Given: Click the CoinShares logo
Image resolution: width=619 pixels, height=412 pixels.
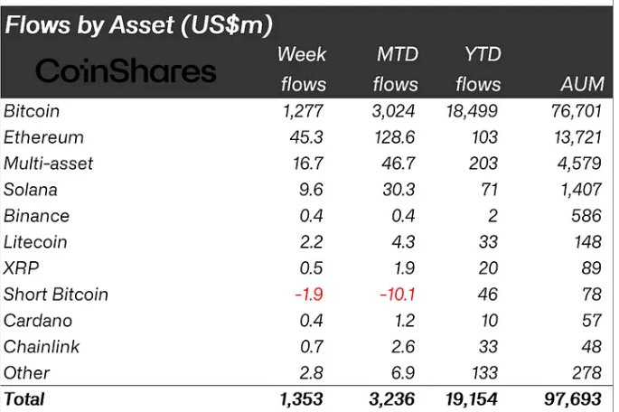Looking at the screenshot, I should [126, 71].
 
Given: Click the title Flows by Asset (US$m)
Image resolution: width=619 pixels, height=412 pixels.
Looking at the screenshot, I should [139, 24].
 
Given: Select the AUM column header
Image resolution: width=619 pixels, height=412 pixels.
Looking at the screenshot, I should [579, 84].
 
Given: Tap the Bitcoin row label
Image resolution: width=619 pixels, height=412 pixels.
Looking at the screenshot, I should [32, 111].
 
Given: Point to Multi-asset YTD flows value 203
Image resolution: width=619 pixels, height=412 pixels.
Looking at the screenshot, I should [484, 164].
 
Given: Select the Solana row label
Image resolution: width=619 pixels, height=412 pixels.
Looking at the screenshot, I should [31, 190].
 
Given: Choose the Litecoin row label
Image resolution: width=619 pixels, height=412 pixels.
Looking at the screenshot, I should [35, 242].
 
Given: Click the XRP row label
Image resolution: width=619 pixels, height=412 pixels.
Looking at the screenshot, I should [22, 268].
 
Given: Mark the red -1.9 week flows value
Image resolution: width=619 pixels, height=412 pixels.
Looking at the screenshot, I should [307, 295].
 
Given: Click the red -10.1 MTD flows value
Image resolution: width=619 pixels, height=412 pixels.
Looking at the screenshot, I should [397, 295].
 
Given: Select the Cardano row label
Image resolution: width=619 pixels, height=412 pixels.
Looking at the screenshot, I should [38, 321].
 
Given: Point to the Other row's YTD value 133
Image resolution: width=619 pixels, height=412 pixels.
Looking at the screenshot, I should [484, 373].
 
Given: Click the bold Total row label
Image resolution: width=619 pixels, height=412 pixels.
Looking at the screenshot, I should [24, 398].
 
